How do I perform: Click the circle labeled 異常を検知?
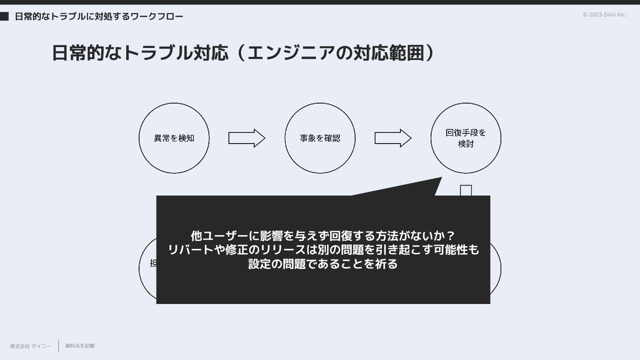tap(174, 138)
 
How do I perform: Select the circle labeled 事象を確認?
tap(320, 138)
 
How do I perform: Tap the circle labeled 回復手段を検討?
tap(466, 138)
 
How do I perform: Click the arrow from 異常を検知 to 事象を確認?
tap(247, 138)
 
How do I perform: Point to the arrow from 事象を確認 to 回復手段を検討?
tap(393, 138)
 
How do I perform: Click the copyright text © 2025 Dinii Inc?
tap(604, 15)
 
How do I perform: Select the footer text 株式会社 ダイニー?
tap(31, 346)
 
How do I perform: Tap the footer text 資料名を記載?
tap(80, 346)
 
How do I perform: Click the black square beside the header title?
tap(4, 16)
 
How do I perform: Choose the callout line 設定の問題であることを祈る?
tap(323, 264)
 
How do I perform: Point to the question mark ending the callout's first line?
tap(450, 236)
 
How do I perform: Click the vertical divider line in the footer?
tap(59, 346)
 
